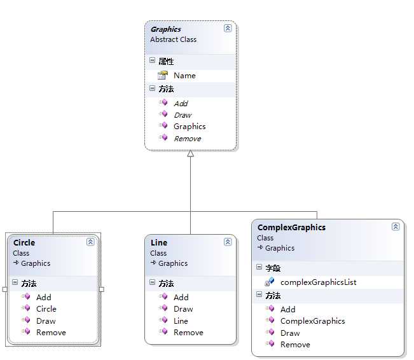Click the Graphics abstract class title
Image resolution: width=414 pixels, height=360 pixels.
click(x=166, y=29)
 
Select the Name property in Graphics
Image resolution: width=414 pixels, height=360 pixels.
click(x=184, y=75)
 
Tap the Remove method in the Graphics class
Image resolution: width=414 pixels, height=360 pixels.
click(x=187, y=138)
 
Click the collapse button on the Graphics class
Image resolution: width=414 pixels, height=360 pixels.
click(x=228, y=29)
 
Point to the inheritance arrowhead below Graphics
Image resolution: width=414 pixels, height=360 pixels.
click(x=190, y=154)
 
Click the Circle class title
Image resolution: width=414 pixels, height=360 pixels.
click(x=24, y=242)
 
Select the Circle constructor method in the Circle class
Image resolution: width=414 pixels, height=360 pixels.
click(x=46, y=308)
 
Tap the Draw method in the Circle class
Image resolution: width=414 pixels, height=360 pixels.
click(x=46, y=321)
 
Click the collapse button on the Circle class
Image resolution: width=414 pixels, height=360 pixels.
click(x=90, y=242)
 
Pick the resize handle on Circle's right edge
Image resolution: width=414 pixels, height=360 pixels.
click(x=102, y=289)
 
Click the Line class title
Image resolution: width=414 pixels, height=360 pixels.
click(x=159, y=242)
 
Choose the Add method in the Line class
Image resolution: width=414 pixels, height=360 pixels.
click(x=181, y=297)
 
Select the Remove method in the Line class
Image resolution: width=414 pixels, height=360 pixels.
click(x=188, y=332)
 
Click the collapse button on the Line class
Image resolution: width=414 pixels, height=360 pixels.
click(x=228, y=242)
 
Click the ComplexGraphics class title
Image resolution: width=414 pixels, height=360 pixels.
click(x=291, y=227)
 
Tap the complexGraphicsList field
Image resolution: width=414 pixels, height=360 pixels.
click(x=318, y=282)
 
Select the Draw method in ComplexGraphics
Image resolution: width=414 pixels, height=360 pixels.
click(x=290, y=333)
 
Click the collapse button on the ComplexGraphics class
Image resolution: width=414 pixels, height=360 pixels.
click(x=396, y=227)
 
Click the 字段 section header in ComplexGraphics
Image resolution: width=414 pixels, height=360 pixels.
click(x=273, y=268)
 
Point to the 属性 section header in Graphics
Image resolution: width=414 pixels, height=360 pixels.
click(x=165, y=61)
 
